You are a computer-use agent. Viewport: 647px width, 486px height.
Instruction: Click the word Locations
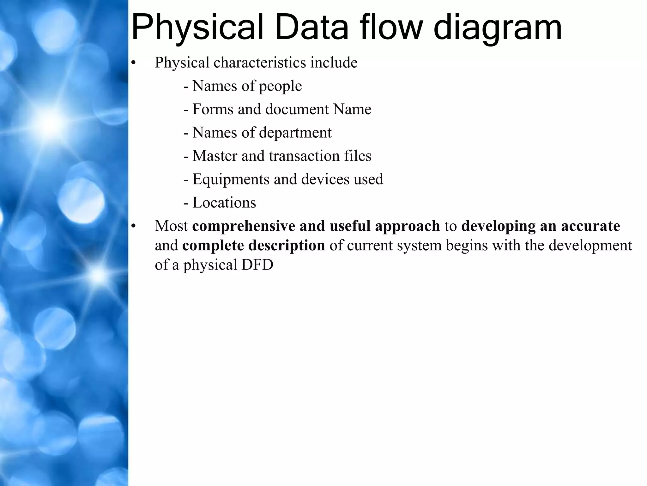(x=224, y=202)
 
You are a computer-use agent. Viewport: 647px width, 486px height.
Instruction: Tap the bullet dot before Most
(x=133, y=226)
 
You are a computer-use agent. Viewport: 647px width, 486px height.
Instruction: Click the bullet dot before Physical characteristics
(x=133, y=63)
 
